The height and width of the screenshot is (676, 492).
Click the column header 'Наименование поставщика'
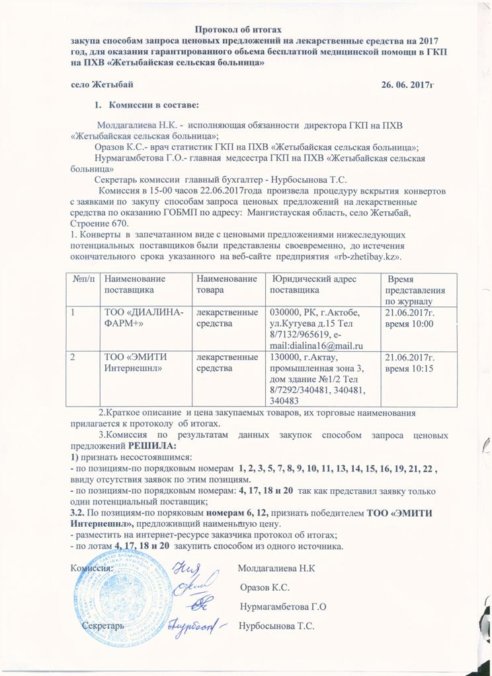pos(136,285)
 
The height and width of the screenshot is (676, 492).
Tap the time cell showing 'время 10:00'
pos(409,323)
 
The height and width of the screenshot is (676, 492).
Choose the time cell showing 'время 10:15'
pos(409,368)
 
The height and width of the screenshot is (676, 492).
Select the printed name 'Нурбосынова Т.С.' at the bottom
pos(276,625)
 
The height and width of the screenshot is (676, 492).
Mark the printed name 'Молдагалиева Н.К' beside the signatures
pos(276,568)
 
